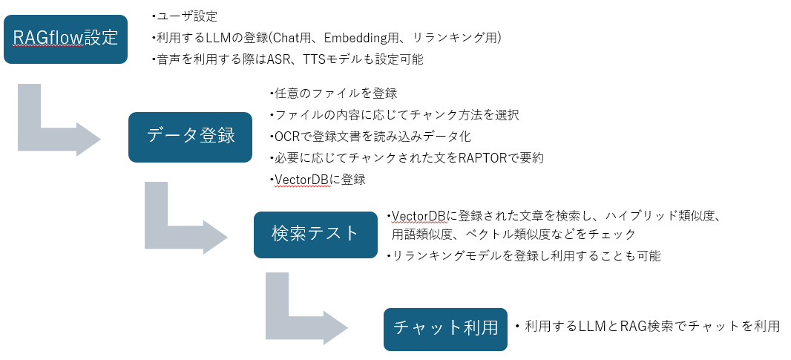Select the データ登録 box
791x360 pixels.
191,137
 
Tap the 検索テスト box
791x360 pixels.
315,235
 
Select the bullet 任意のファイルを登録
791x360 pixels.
335,94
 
